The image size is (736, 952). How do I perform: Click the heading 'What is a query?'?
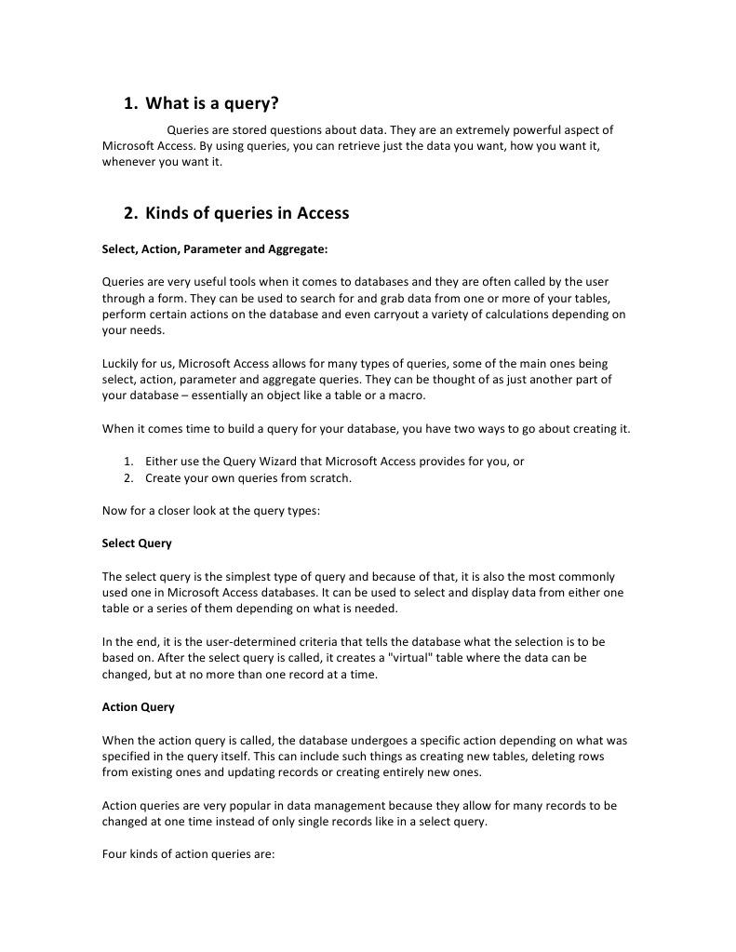212,103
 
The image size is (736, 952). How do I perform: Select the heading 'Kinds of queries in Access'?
247,213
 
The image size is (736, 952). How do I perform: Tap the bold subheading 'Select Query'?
137,543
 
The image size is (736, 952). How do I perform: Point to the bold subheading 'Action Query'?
138,706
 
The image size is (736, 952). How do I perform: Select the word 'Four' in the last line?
114,854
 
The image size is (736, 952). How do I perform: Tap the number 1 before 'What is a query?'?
130,103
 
